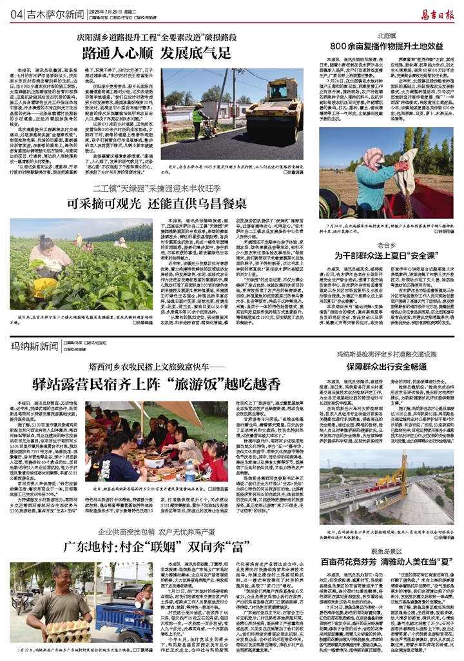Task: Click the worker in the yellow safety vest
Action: click(197, 114)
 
